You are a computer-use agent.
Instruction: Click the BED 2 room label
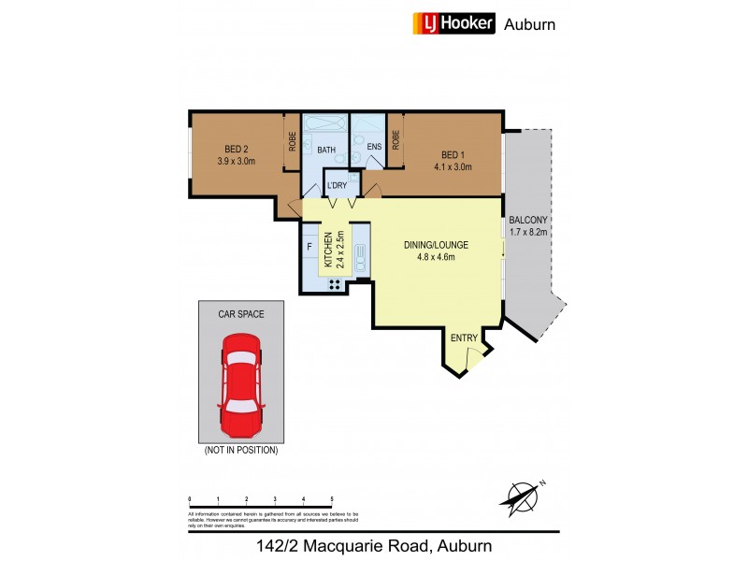tap(236, 149)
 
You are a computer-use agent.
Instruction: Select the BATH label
tap(326, 150)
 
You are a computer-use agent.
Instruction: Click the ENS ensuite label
tap(374, 147)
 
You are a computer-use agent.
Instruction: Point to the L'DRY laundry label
tap(337, 185)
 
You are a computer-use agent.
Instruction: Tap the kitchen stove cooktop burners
tap(333, 283)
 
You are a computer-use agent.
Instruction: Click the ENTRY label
tap(464, 338)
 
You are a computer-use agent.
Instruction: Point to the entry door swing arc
tap(476, 352)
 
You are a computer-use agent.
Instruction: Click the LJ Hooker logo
tap(453, 23)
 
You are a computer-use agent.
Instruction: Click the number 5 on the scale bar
tap(332, 499)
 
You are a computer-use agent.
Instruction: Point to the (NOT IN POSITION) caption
tap(241, 450)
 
